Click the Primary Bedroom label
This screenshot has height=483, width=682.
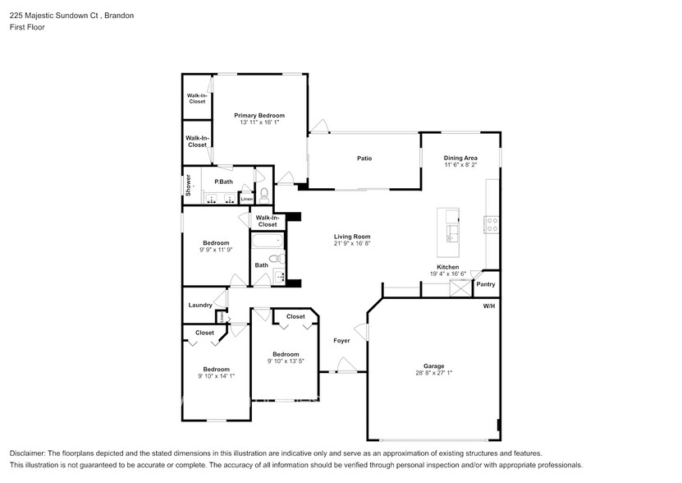click(259, 116)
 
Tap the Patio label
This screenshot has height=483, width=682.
click(364, 159)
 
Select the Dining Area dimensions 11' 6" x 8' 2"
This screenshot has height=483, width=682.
click(460, 165)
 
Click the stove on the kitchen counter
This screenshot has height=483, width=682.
click(492, 224)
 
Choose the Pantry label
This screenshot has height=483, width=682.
click(486, 284)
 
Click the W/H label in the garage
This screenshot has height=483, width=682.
click(489, 306)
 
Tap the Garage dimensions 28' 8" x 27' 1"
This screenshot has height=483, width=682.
click(433, 373)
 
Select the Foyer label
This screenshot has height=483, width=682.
click(341, 340)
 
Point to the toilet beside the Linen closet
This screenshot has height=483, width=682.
click(264, 195)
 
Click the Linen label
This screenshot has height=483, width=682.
click(246, 199)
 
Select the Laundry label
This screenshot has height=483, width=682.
click(200, 305)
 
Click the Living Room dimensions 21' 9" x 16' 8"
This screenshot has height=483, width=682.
click(352, 243)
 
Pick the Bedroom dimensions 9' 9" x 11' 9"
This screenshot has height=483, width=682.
click(216, 250)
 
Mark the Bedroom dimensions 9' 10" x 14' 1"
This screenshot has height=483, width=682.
click(216, 376)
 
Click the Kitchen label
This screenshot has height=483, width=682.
click(447, 267)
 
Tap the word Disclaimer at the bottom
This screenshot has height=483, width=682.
click(30, 453)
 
